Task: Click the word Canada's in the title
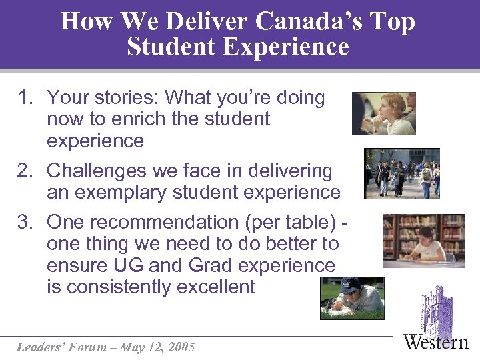click(x=309, y=22)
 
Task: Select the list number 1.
click(x=25, y=98)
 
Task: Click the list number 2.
click(x=25, y=171)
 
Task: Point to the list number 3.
click(x=25, y=222)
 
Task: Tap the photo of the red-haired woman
click(x=383, y=113)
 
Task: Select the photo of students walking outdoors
click(x=402, y=173)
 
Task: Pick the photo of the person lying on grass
click(x=352, y=298)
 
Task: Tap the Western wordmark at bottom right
click(x=436, y=343)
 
